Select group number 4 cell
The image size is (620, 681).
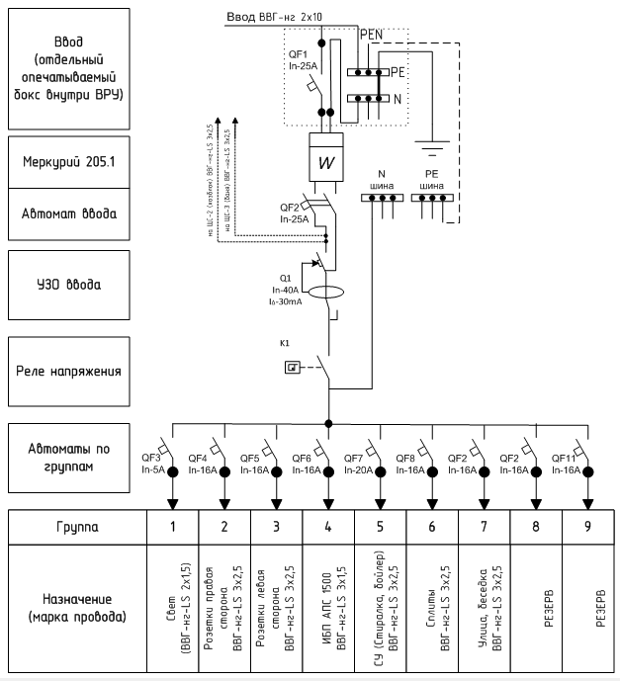coord(328,527)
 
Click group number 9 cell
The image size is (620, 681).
coord(587,527)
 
